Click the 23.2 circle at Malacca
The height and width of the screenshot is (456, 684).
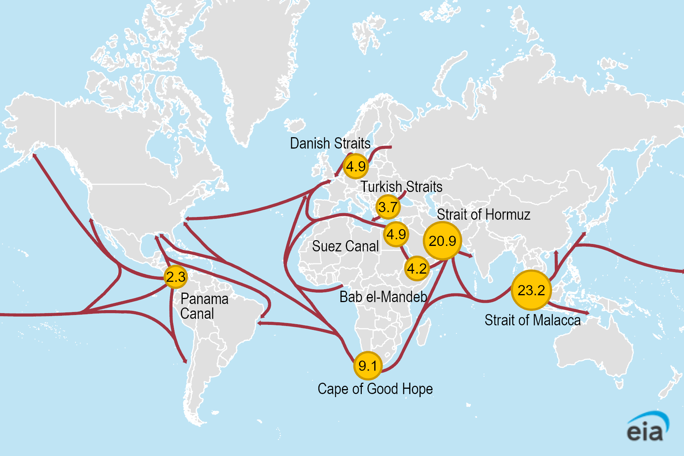pyautogui.click(x=531, y=290)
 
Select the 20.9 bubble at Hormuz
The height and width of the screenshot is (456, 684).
pyautogui.click(x=442, y=241)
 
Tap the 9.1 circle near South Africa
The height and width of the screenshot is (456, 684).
pyautogui.click(x=367, y=366)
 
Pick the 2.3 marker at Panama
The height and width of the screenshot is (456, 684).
pyautogui.click(x=176, y=277)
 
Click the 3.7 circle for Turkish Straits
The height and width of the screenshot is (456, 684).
pyautogui.click(x=388, y=207)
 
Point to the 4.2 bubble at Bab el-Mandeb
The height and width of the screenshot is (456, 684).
pyautogui.click(x=417, y=269)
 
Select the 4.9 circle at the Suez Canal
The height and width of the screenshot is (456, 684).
pyautogui.click(x=396, y=234)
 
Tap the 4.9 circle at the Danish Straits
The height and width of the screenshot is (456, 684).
pyautogui.click(x=356, y=166)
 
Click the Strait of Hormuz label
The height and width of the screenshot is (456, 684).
pyautogui.click(x=483, y=215)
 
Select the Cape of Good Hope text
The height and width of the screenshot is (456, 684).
pyautogui.click(x=375, y=389)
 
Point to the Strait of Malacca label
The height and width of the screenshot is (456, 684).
pyautogui.click(x=532, y=320)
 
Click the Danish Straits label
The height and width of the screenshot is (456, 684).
pyautogui.click(x=330, y=143)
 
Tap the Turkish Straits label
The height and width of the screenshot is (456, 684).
pyautogui.click(x=401, y=187)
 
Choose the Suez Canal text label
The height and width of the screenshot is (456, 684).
pyautogui.click(x=345, y=246)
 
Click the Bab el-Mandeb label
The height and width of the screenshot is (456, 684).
pyautogui.click(x=383, y=297)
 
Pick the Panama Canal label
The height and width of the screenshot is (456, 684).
pyautogui.click(x=204, y=306)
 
